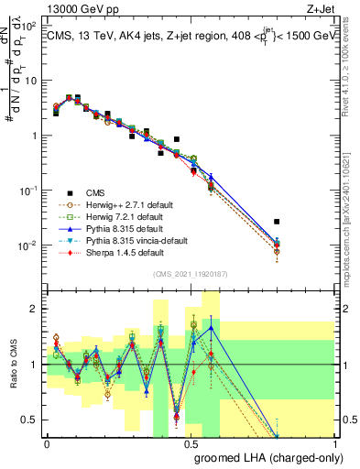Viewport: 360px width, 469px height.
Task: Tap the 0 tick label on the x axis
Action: coord(47,444)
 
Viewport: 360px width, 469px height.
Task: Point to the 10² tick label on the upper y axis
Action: coord(27,26)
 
